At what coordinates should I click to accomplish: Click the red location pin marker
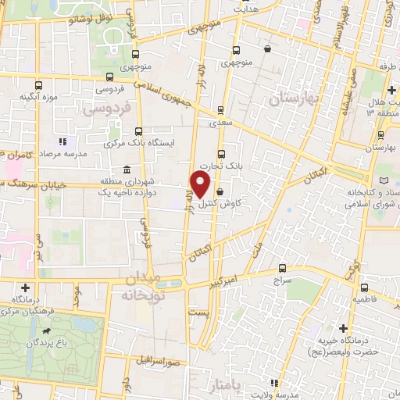click(x=201, y=184)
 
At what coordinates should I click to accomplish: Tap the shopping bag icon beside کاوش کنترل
click(x=220, y=191)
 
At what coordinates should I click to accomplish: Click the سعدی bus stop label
click(x=220, y=122)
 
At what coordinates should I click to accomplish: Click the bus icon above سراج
click(x=283, y=268)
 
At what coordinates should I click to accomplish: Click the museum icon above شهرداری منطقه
click(x=127, y=170)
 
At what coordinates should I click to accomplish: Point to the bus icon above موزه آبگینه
click(x=37, y=84)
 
